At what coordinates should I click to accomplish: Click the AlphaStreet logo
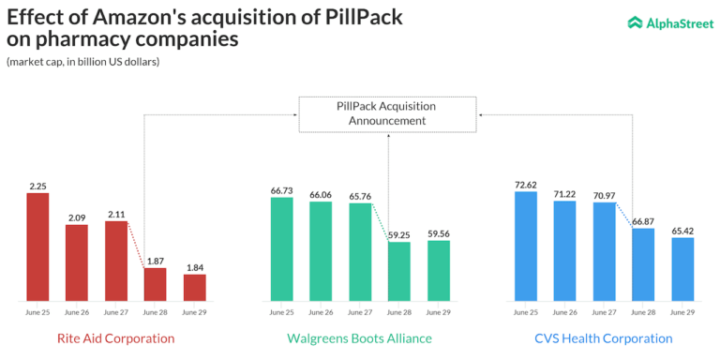click(x=667, y=22)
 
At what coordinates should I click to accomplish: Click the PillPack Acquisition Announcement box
click(x=386, y=113)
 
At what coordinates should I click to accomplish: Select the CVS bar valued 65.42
click(x=682, y=269)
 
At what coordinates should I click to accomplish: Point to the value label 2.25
click(x=38, y=186)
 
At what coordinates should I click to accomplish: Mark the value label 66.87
click(x=643, y=220)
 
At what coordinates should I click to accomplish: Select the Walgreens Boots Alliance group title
click(x=360, y=337)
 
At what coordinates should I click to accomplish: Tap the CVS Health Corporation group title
click(x=605, y=337)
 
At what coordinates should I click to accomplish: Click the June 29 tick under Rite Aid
click(x=194, y=311)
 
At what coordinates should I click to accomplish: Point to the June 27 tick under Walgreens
click(x=360, y=311)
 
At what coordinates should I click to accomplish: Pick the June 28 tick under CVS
click(x=643, y=311)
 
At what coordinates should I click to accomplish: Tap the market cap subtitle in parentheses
click(x=83, y=62)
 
